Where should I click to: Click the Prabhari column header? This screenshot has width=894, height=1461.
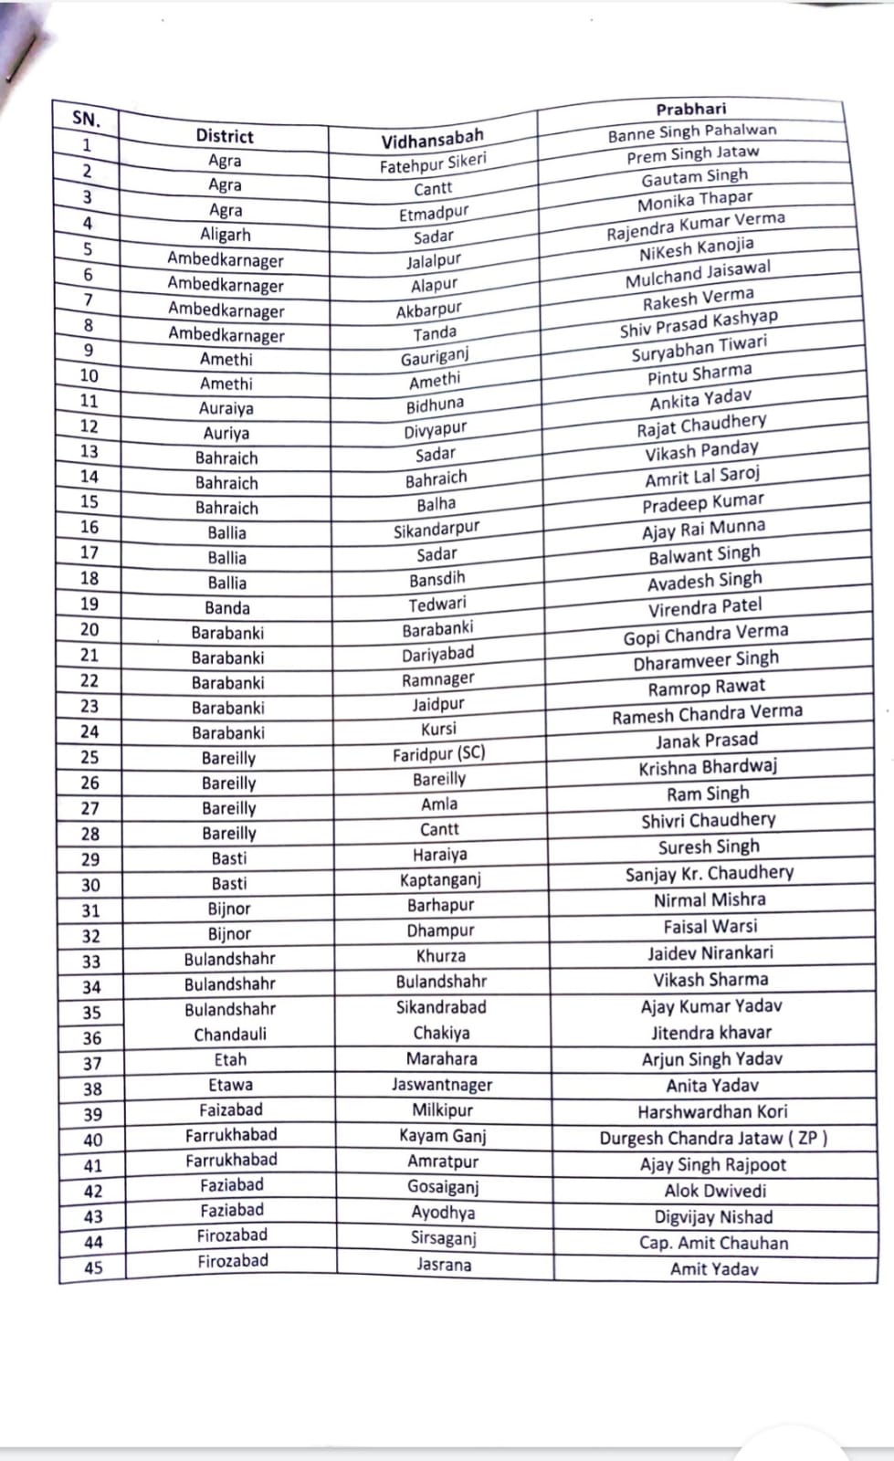[690, 110]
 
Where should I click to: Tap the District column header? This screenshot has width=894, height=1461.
[225, 136]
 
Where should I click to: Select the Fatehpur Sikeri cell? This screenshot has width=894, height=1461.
[433, 164]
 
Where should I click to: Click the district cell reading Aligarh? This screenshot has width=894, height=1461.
[226, 235]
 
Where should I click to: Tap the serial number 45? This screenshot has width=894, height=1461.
[93, 1267]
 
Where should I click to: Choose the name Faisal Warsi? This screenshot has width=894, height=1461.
[710, 927]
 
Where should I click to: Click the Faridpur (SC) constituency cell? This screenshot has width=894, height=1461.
[439, 754]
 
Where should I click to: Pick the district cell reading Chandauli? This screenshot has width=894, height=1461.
[230, 1035]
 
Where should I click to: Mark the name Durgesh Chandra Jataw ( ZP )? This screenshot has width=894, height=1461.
[713, 1139]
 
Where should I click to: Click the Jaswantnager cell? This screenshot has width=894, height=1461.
[442, 1085]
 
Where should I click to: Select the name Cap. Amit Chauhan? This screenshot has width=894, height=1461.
[713, 1243]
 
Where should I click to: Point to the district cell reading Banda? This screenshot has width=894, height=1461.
[227, 608]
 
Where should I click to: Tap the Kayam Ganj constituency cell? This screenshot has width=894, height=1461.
[443, 1136]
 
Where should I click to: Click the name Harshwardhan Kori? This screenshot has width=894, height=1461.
[712, 1112]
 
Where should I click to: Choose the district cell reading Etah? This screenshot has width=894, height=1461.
[230, 1060]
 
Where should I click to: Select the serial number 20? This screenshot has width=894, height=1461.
[89, 629]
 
